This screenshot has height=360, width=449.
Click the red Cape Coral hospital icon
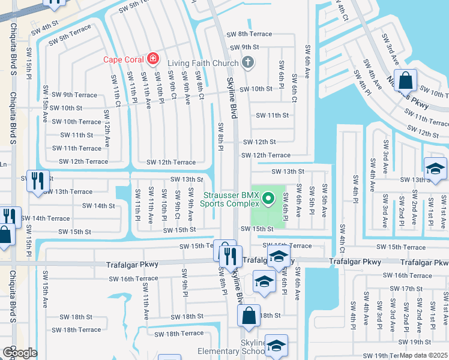tap(153, 59)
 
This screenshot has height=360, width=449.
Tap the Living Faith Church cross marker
tap(247, 62)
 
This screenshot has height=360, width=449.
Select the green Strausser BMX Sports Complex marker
tap(268, 196)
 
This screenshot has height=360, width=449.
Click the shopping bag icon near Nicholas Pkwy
tap(406, 80)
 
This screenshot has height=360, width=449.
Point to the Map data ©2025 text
tap(424, 355)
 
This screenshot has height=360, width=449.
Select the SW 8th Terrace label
tap(249, 34)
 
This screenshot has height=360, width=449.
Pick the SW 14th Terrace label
tap(46, 218)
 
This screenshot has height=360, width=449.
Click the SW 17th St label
tap(412, 289)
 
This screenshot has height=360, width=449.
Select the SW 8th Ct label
tap(200, 85)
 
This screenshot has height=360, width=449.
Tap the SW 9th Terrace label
tap(74, 95)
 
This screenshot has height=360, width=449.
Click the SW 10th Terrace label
tap(76, 122)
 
